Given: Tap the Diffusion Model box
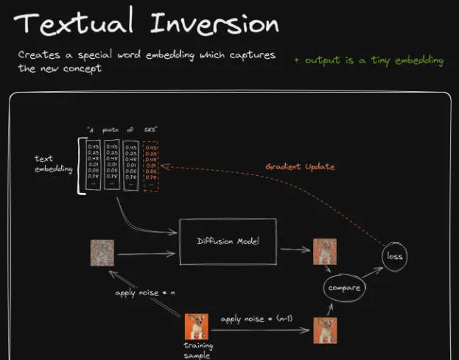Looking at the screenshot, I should coord(227,241).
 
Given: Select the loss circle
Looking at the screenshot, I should coord(396,256).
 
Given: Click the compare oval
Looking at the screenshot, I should coord(343,287).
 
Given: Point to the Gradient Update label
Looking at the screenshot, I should coord(300,166).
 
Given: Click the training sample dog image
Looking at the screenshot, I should coord(197,325).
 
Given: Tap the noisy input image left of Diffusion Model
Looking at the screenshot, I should coord(102,252).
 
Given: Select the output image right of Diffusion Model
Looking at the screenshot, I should coord(324,252).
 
